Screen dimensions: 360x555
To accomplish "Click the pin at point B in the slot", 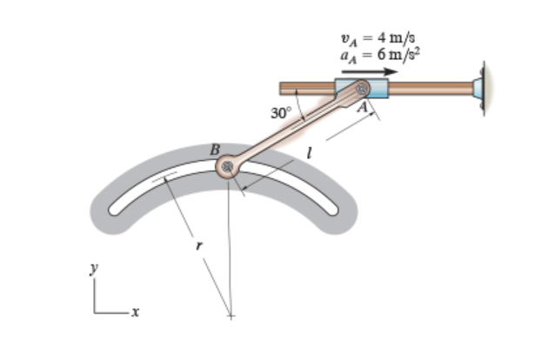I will [228, 165].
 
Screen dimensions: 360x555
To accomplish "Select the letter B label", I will [215, 150].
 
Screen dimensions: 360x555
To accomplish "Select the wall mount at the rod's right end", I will [480, 88].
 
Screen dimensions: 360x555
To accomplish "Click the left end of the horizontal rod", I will [284, 88].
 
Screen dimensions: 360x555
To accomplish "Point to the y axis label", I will [94, 270].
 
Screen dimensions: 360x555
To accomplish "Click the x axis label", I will [135, 310].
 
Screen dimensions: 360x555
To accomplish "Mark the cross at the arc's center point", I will [230, 315].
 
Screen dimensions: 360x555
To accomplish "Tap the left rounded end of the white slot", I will [116, 209].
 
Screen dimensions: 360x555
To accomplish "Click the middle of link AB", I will [295, 127].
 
